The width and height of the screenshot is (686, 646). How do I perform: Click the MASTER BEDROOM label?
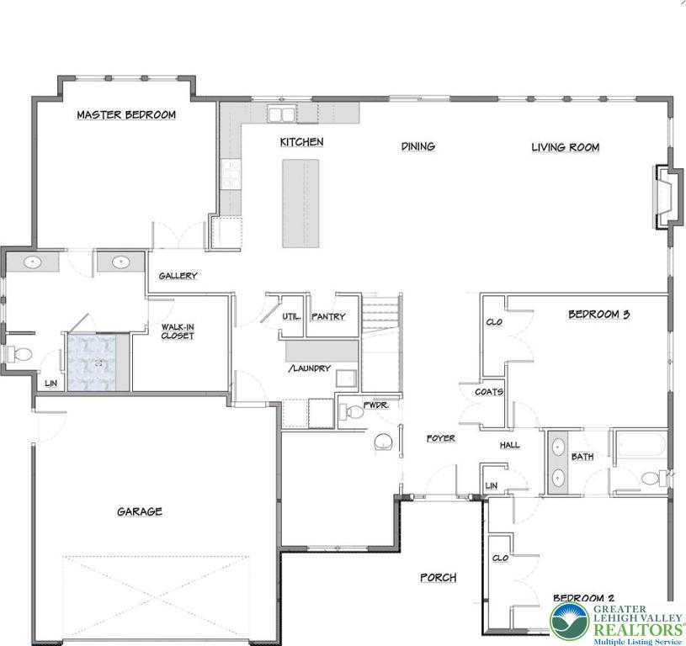[x=126, y=115]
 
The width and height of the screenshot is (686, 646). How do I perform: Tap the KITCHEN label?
[x=301, y=142]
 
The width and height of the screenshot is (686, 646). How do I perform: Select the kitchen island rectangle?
[x=300, y=203]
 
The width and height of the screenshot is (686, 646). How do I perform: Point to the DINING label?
[x=417, y=146]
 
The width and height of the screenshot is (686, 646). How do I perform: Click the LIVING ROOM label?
[x=565, y=147]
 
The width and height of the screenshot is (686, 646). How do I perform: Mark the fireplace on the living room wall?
[x=666, y=198]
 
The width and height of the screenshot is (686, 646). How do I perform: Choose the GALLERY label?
[x=178, y=276]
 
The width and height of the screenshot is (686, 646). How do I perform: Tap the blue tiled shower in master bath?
[x=98, y=363]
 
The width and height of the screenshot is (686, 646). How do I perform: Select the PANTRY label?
[x=328, y=317]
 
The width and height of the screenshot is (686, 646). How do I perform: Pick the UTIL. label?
[x=292, y=317]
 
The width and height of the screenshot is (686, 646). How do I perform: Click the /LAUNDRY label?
[x=309, y=368]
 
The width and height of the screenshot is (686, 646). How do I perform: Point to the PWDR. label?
[x=375, y=405]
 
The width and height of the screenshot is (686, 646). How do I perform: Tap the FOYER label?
[x=440, y=438]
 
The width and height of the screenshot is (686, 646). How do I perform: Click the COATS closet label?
[x=488, y=392]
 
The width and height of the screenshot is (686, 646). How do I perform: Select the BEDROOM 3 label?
[x=598, y=315]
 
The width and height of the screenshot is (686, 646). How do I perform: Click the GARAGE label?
[x=139, y=511]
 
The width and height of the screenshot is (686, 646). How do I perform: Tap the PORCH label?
[x=439, y=578]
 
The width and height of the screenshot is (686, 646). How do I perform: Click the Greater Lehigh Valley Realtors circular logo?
[x=569, y=622]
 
